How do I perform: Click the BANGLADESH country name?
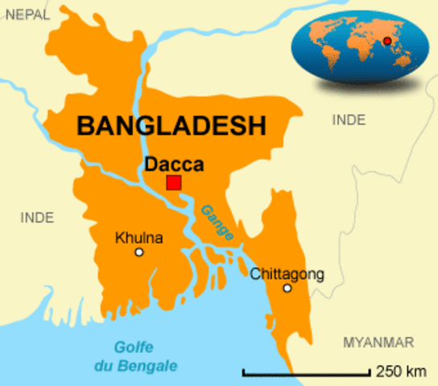coord(171,125)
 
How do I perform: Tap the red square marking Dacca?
coord(174,183)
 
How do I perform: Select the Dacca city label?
coord(174,163)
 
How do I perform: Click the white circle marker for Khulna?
coord(138,253)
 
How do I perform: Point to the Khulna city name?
coord(139,238)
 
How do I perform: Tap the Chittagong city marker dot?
coord(287,288)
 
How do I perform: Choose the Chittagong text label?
coord(287,273)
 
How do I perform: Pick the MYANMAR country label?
coord(378,342)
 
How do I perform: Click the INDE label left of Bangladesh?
coord(36,217)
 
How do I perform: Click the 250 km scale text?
coord(400,372)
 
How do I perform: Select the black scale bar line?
coord(306,373)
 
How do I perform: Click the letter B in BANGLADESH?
coord(85,125)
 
